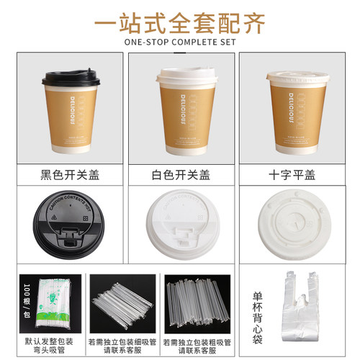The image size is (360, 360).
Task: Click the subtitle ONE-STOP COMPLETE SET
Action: (180, 42)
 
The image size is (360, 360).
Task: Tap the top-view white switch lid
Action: (181, 225)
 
